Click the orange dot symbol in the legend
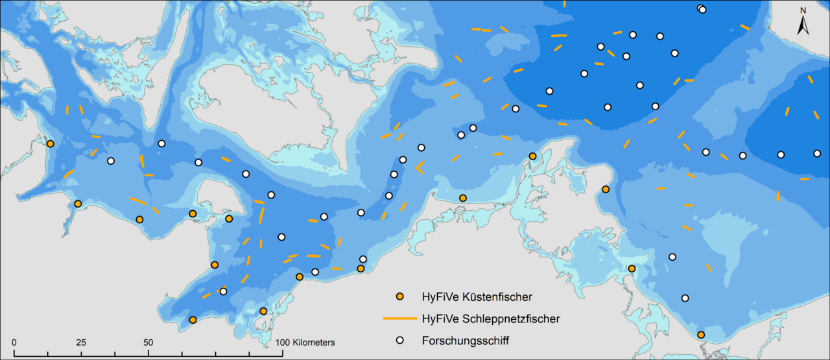click(x=400, y=297)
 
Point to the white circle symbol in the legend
click(x=400, y=341)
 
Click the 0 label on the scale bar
click(x=14, y=342)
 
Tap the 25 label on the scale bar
click(x=80, y=342)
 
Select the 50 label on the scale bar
click(x=148, y=342)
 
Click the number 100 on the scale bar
click(x=283, y=342)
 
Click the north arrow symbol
click(x=802, y=26)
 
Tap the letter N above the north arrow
click(x=802, y=10)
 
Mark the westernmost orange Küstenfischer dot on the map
click(x=50, y=143)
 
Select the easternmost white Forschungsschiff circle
click(x=817, y=154)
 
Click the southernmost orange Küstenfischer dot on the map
click(x=701, y=335)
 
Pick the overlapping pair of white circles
click(x=702, y=9)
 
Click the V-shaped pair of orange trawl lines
click(x=421, y=168)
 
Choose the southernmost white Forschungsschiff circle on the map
click(x=685, y=298)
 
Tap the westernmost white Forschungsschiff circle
click(x=110, y=161)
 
